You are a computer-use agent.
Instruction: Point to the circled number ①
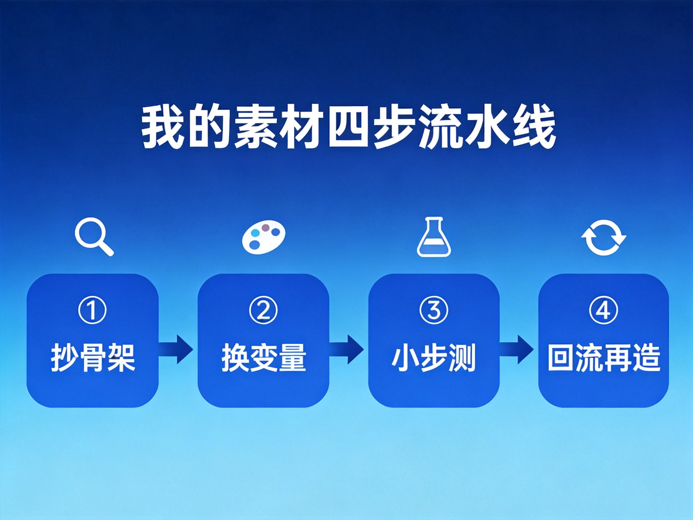[x=92, y=310]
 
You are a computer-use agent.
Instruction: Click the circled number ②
[x=263, y=310]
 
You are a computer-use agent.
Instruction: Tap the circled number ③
[x=434, y=310]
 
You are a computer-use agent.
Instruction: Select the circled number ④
[x=603, y=310]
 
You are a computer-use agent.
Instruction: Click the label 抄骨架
[x=93, y=357]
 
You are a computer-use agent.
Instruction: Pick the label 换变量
[x=263, y=357]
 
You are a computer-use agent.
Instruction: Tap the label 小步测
[x=434, y=357]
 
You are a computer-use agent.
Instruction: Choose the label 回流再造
[x=604, y=357]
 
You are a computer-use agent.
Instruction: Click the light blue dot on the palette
[x=256, y=233]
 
